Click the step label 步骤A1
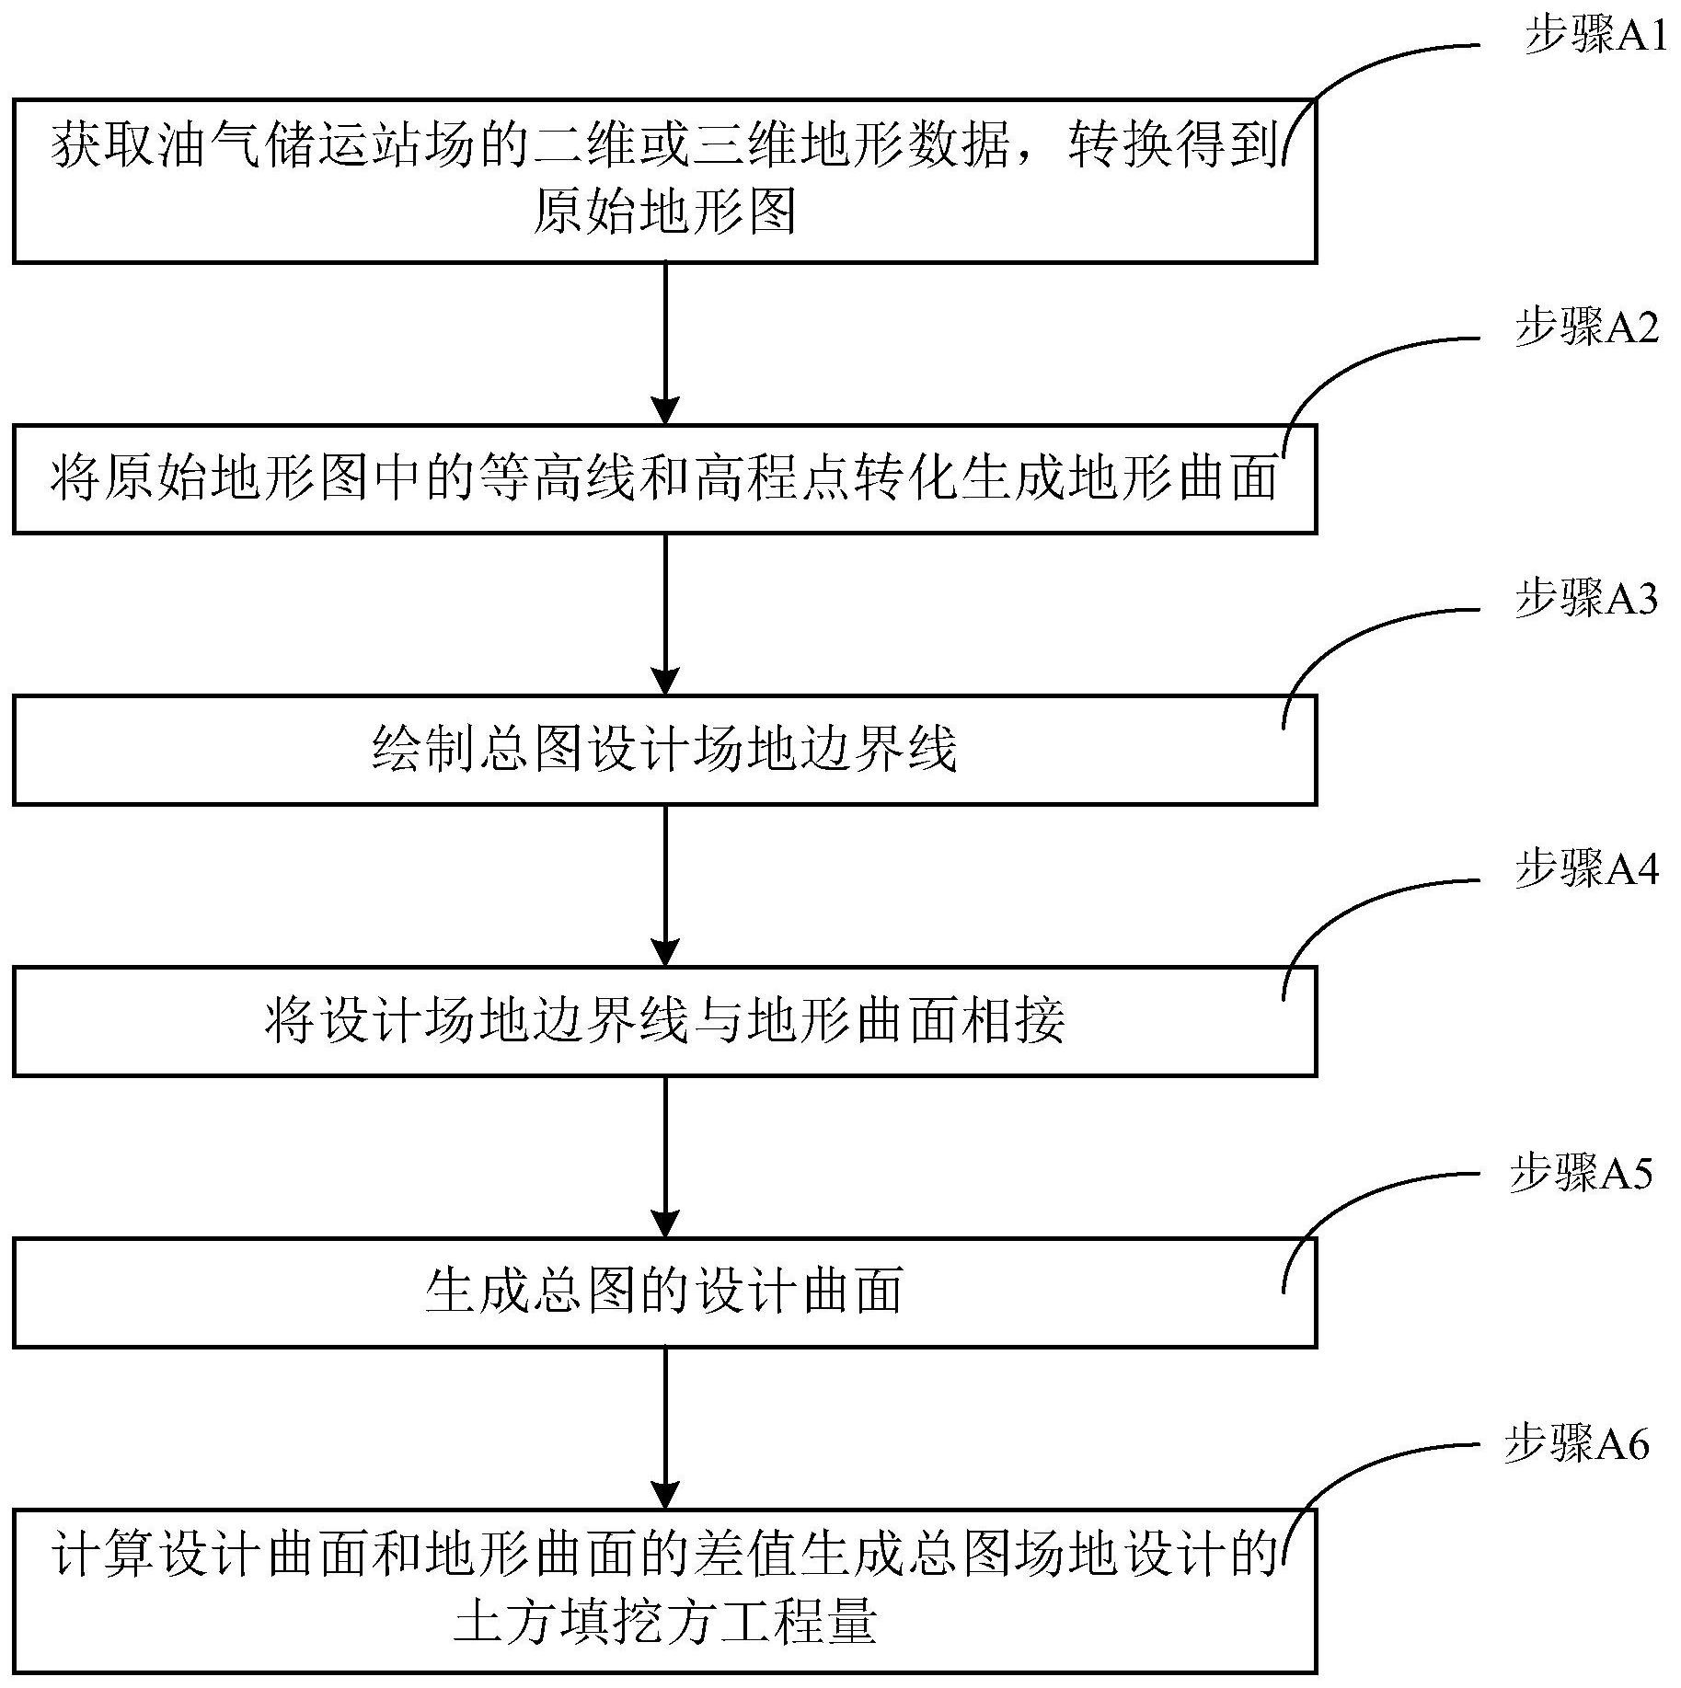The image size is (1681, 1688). tap(1595, 38)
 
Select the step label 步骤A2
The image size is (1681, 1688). tap(1587, 327)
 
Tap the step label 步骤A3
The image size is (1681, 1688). tap(1586, 598)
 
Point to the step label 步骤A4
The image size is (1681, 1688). tap(1586, 868)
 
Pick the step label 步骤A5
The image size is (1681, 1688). tap(1581, 1174)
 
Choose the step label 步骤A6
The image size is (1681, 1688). tap(1576, 1445)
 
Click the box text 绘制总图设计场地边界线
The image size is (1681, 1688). tap(664, 750)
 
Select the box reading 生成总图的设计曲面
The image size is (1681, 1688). tap(664, 1292)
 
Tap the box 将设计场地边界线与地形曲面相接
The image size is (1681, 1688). tap(664, 1021)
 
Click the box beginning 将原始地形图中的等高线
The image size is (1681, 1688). tap(664, 479)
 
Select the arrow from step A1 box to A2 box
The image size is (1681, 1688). tap(664, 343)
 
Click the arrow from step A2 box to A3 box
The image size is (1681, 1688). tap(664, 614)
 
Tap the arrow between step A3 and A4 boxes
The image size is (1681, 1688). tap(664, 886)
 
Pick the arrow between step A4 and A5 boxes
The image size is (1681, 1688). tap(664, 1157)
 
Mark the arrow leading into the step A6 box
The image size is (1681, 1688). tap(664, 1429)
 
